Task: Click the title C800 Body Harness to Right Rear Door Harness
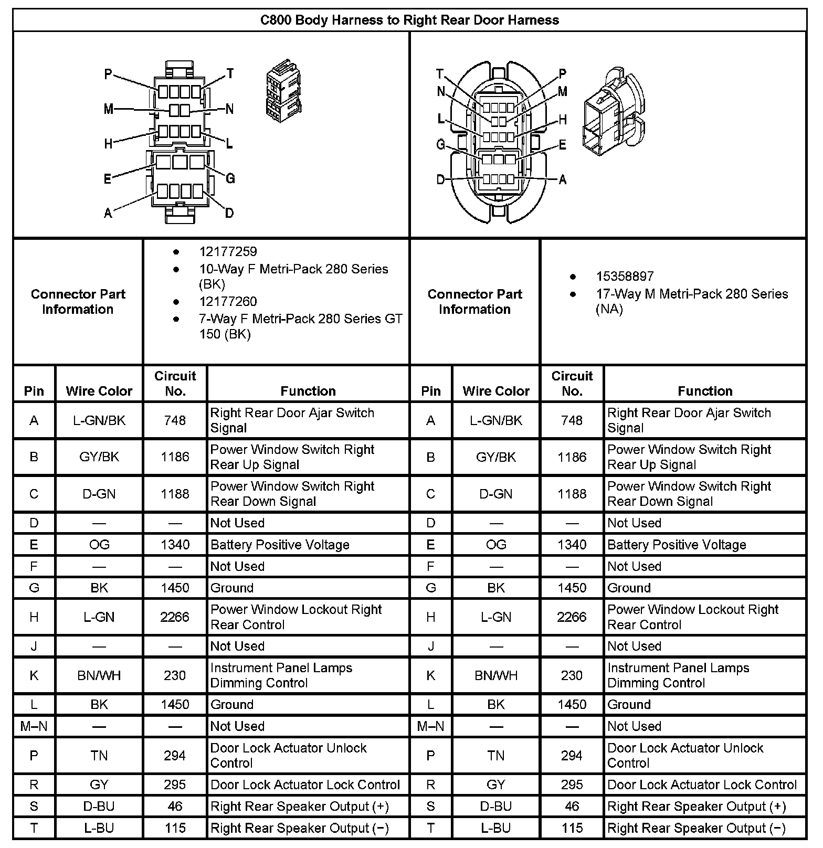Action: click(x=409, y=20)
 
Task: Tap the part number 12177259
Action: click(x=228, y=252)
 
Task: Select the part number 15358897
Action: click(x=625, y=277)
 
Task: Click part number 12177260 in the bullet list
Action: click(x=228, y=302)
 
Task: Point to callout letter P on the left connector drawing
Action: click(x=108, y=74)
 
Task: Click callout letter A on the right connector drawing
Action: click(x=563, y=180)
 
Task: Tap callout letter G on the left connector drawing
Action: click(x=230, y=179)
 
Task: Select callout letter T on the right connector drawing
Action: click(x=440, y=74)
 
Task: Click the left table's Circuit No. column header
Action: click(x=175, y=384)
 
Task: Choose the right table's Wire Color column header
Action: click(x=496, y=391)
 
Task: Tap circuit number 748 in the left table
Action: click(x=175, y=420)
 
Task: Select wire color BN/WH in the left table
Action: click(x=99, y=675)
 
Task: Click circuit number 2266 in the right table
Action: click(x=572, y=617)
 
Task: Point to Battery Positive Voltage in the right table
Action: click(x=677, y=545)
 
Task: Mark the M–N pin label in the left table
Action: click(x=34, y=726)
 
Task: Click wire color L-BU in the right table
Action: click(x=496, y=828)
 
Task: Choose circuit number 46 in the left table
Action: click(x=175, y=806)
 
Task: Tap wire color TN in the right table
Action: click(x=496, y=756)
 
